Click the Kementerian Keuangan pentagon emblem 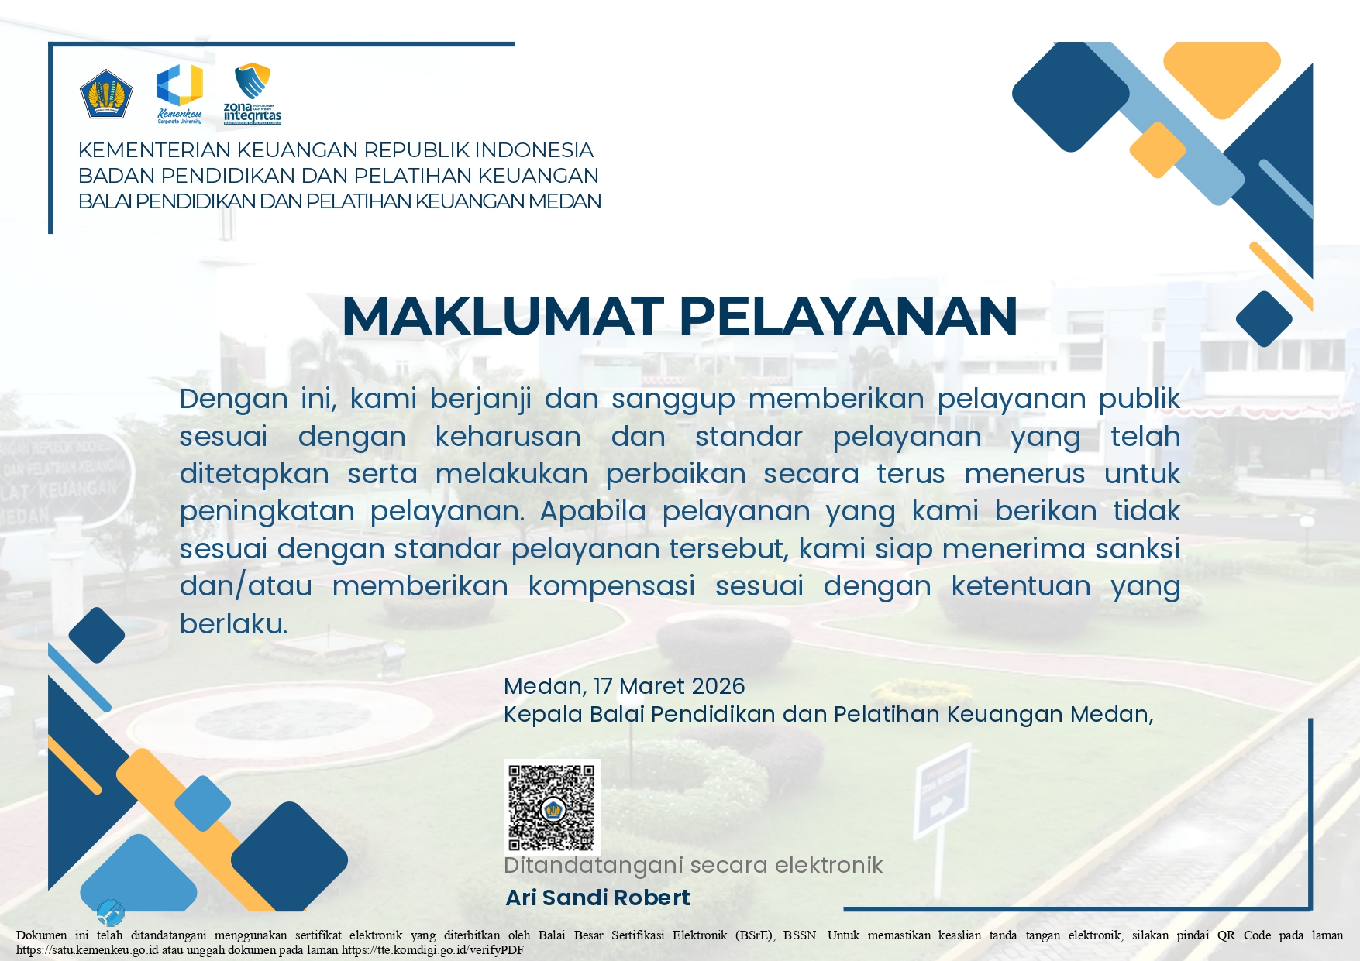point(106,94)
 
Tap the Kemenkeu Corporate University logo point(180,91)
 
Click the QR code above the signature point(552,806)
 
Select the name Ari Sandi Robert point(597,898)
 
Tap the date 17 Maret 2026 point(669,686)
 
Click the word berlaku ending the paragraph point(232,623)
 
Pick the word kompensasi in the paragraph point(611,586)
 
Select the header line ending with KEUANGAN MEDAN point(339,201)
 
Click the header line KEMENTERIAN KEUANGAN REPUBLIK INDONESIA point(336,150)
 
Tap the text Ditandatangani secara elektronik point(693,865)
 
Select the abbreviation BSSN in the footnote point(800,935)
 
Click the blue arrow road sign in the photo point(942,789)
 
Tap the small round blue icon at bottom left point(111,913)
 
